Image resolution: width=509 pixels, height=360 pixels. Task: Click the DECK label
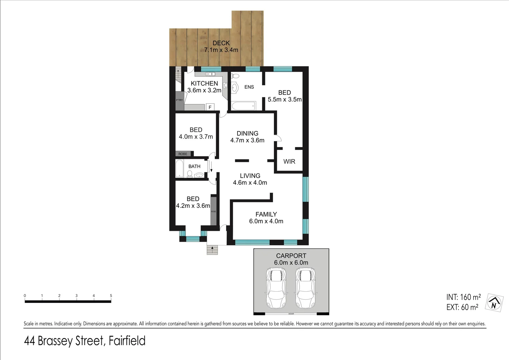click(221, 43)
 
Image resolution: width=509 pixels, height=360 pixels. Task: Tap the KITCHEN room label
click(204, 83)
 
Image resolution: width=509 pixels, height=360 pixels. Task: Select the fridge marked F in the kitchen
click(210, 107)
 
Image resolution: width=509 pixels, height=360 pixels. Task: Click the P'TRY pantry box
click(179, 101)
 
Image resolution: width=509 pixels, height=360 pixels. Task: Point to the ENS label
click(249, 87)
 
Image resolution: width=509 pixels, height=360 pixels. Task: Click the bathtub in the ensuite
click(243, 106)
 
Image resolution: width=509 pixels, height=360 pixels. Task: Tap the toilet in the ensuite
click(234, 76)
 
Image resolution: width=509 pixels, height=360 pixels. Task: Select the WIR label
click(289, 161)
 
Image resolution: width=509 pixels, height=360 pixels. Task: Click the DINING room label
click(247, 133)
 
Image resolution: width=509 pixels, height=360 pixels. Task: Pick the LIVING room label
click(250, 176)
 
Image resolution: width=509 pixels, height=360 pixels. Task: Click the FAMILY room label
click(266, 214)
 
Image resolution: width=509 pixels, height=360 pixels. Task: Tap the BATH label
click(194, 166)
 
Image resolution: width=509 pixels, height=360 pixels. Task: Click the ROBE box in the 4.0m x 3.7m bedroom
click(183, 154)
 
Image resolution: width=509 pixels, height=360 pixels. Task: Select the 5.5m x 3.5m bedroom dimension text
click(285, 99)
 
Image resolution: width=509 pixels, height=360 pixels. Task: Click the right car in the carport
click(305, 288)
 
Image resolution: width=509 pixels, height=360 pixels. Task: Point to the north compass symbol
click(494, 303)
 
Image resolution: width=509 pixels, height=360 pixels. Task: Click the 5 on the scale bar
click(111, 296)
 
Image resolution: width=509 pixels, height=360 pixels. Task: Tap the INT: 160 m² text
click(463, 297)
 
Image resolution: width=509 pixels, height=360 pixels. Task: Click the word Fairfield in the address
click(127, 341)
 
